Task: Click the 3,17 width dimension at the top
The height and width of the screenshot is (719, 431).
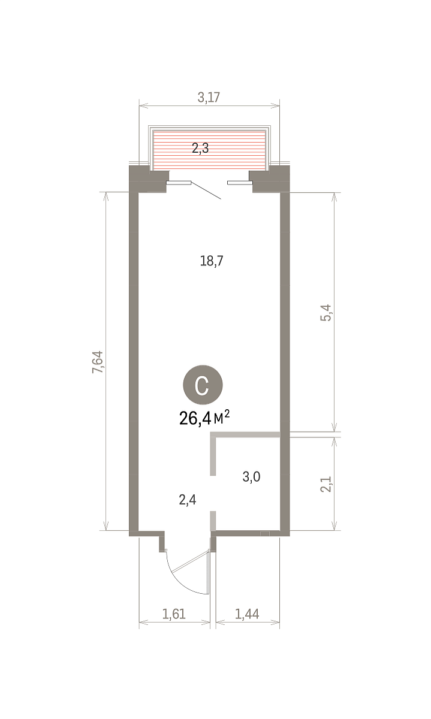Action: point(209,97)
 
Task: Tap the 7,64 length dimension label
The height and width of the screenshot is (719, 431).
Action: point(98,362)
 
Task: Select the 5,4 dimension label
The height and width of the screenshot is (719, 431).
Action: point(325,313)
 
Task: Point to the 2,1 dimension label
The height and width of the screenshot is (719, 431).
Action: point(325,484)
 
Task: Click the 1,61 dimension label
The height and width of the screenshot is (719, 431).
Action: point(174,614)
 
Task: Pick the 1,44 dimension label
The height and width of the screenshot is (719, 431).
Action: point(247,614)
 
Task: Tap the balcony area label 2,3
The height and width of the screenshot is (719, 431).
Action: point(200,149)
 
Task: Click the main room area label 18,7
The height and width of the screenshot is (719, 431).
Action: point(212,261)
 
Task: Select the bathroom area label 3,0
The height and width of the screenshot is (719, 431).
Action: point(252,477)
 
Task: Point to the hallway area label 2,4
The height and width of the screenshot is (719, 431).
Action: point(188,500)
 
